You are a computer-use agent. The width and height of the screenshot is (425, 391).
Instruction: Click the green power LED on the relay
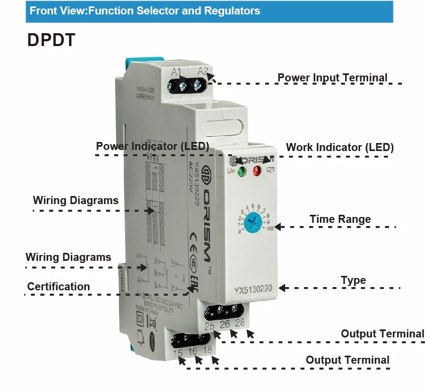coord(241,172)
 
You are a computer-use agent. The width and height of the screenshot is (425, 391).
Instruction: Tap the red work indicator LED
coord(257,171)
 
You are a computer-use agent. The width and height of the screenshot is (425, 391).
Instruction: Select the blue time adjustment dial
coord(252,221)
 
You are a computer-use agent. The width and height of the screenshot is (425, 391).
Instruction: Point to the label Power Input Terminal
coord(332,78)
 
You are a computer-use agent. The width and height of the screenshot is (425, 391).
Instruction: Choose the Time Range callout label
coord(340,219)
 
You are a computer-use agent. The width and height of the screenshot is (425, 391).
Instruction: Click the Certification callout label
coord(58,287)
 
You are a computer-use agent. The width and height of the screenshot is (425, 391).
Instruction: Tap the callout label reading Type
coord(353,280)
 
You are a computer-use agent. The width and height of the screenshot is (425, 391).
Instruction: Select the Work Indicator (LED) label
coord(340,147)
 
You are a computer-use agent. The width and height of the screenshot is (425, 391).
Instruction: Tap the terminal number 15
coord(178,352)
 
